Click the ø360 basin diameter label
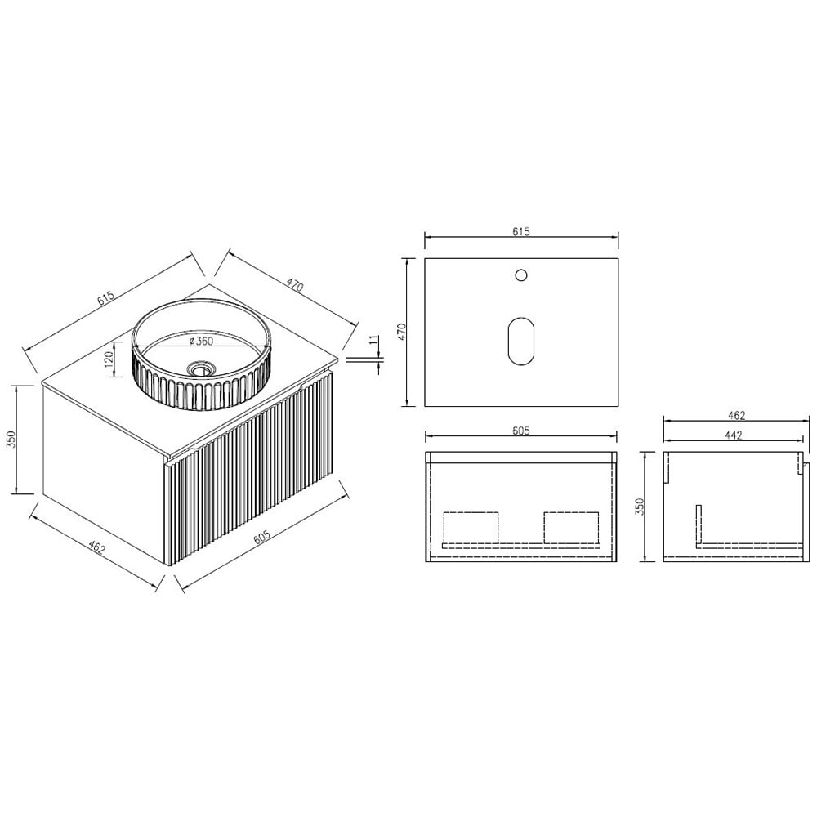(200, 341)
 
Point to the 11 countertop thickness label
(373, 341)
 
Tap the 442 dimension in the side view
(732, 435)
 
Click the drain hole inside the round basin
(198, 369)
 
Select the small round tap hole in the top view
(520, 275)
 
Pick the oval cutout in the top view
(520, 340)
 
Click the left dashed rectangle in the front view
(471, 527)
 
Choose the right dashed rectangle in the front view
(571, 527)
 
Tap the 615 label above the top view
(521, 232)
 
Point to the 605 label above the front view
(521, 431)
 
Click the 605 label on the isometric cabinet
(262, 536)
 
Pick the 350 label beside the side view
(640, 507)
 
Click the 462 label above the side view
(735, 416)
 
